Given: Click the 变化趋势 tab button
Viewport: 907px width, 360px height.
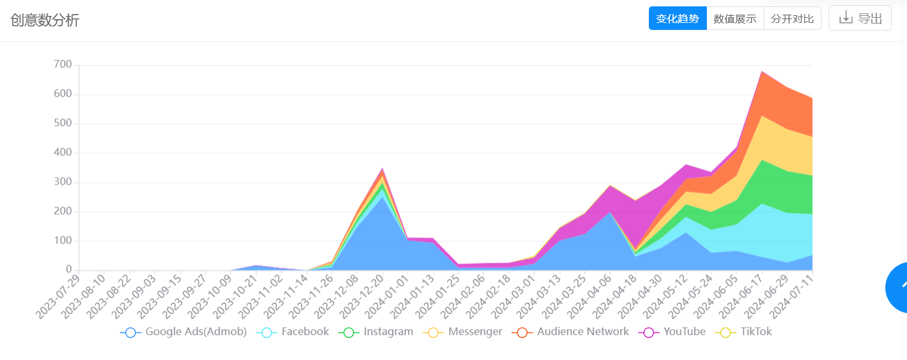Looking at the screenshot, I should pos(678,18).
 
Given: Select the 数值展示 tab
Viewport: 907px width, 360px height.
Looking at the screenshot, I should pos(735,18).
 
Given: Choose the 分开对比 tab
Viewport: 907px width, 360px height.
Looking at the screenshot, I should pos(792,18).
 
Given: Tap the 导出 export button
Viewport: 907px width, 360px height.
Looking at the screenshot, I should pos(860,18).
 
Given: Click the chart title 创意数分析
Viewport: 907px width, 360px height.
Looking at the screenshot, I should pos(45,20).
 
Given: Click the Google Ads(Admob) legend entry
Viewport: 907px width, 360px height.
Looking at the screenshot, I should pos(184,332).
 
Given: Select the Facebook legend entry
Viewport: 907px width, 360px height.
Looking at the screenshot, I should pos(294,332).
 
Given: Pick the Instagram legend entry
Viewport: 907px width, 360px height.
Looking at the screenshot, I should pos(377,332).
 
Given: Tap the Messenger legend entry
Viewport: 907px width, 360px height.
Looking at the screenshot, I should pos(463,332).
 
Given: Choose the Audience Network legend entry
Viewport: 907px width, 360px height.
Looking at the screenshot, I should pos(571,332).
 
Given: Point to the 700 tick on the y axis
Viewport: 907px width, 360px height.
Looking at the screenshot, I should pos(63,65).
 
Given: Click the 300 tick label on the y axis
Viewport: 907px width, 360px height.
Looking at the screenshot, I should pos(63,183).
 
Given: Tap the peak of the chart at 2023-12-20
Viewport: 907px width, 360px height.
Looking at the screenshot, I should pos(382,169).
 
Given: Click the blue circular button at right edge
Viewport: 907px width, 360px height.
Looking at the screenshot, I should pos(897,288).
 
